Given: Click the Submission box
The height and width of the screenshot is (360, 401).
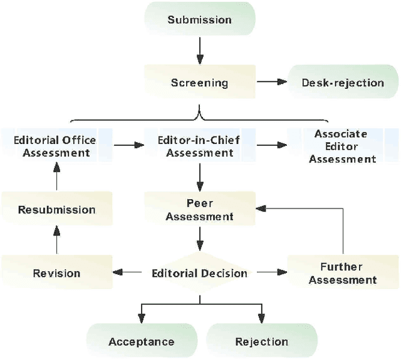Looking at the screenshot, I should point(199,19).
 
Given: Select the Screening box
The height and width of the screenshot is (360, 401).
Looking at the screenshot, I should point(199,82).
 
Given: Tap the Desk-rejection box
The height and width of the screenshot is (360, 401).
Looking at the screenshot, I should point(343,82).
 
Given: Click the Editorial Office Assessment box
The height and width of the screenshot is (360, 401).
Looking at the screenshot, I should point(56,146).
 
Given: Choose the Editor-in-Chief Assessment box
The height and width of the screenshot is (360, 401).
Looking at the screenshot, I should point(199,146).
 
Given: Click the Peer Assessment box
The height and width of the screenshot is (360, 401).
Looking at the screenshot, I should point(199,210).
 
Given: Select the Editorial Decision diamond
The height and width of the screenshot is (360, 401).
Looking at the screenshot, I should point(199,273).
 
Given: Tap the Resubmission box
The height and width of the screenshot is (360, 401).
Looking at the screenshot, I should point(56,210).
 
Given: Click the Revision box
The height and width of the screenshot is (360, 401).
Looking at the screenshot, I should point(56,273).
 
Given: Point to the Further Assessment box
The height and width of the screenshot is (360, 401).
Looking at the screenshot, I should point(343,273).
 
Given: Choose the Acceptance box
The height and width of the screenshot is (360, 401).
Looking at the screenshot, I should point(141,341).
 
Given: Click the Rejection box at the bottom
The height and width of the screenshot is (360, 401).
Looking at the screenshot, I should point(261,341).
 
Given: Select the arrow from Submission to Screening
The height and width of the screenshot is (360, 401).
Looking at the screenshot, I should point(199,50).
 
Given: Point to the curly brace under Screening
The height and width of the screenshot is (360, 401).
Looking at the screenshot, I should point(199,116).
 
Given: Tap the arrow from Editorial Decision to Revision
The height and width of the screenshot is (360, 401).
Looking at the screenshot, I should point(129,273).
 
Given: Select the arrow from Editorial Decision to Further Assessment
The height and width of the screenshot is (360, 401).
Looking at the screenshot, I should point(271,273).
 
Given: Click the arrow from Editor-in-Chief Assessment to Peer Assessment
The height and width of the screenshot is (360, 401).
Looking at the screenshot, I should point(199,178).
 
